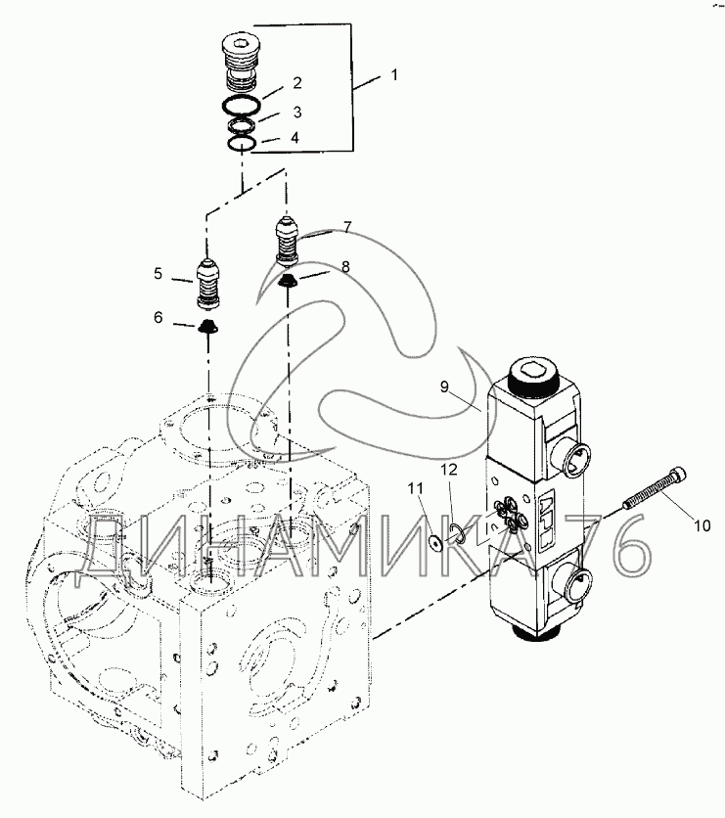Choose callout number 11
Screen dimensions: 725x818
click(x=414, y=487)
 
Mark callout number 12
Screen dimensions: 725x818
click(x=449, y=471)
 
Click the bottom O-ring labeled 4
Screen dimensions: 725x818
click(x=241, y=145)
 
